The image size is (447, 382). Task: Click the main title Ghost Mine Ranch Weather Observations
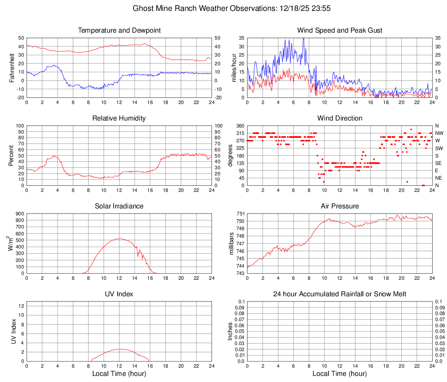coord(223,8)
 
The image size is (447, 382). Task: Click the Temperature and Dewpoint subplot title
coord(119,30)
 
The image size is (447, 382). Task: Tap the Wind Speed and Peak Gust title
coord(339,30)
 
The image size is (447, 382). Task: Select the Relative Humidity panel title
coord(119,118)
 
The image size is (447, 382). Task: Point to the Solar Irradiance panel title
coord(119,206)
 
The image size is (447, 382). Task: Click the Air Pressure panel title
coord(339,206)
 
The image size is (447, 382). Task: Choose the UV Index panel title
coord(119,294)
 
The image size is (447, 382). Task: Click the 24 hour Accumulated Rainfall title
coord(339,294)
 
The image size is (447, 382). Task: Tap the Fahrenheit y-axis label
coord(12,67)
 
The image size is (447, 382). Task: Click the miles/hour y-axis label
coord(234,67)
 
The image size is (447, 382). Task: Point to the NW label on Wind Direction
coord(439,133)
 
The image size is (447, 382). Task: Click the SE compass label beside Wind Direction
coord(439,163)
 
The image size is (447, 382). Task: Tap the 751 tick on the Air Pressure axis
coord(241,214)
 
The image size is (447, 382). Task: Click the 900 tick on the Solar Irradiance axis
coord(19,214)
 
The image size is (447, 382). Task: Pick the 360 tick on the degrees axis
coord(241,126)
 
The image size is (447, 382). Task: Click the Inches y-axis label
coord(230,331)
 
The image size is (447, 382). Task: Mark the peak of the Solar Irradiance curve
coord(119,238)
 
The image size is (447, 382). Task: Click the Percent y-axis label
coord(12,155)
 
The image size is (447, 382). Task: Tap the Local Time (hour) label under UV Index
coord(119,374)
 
